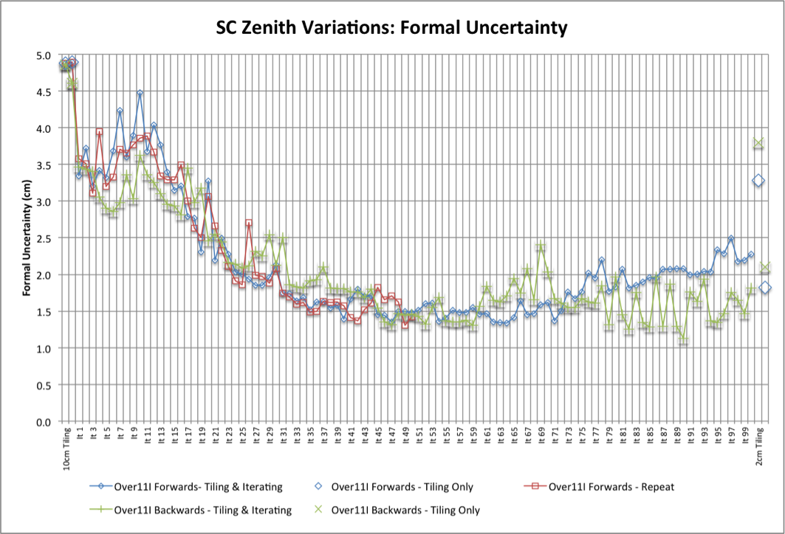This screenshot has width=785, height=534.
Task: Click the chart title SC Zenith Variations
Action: pos(391,28)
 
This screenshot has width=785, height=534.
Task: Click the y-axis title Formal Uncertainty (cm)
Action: pos(27,237)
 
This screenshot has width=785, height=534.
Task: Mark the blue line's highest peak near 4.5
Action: pos(140,94)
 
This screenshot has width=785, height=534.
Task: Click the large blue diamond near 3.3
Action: pos(758,181)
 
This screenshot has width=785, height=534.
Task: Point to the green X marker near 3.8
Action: pos(758,143)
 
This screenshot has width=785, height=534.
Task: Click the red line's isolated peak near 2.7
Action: pos(249,223)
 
